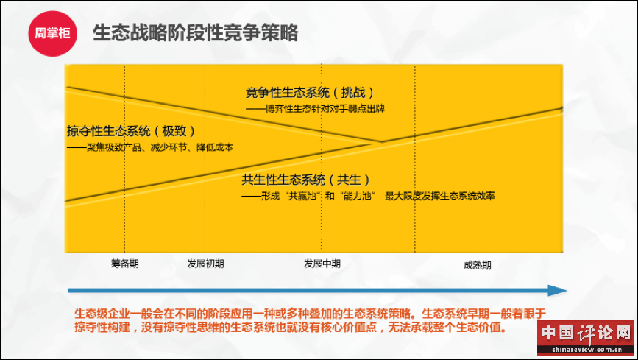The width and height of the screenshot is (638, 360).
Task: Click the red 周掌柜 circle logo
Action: click(x=52, y=33)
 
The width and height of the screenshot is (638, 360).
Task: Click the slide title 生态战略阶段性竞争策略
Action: click(x=196, y=32)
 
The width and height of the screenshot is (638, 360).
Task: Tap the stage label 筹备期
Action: click(x=125, y=264)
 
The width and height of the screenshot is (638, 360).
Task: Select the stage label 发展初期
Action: click(x=205, y=264)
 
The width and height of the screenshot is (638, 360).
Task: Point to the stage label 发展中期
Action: click(x=322, y=264)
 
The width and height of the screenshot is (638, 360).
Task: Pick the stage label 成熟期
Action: click(x=478, y=265)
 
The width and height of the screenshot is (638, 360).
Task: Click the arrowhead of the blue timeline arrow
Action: click(x=558, y=290)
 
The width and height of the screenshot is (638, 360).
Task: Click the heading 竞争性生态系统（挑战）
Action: click(x=309, y=93)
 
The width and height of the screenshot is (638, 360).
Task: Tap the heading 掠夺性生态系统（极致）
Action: click(x=131, y=131)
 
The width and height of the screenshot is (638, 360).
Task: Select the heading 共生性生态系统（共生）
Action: click(x=305, y=180)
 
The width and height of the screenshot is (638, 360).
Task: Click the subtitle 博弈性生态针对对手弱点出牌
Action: click(x=325, y=109)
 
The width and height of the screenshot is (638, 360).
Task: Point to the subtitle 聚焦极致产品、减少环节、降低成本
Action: click(x=160, y=147)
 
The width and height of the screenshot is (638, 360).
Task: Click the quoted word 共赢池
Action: click(x=302, y=196)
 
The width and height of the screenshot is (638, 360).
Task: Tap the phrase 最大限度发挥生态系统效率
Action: click(x=440, y=196)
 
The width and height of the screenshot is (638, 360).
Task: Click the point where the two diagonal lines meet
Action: click(x=381, y=142)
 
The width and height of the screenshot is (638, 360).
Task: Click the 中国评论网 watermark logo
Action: click(x=586, y=333)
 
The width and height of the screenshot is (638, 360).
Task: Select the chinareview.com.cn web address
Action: click(x=586, y=350)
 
